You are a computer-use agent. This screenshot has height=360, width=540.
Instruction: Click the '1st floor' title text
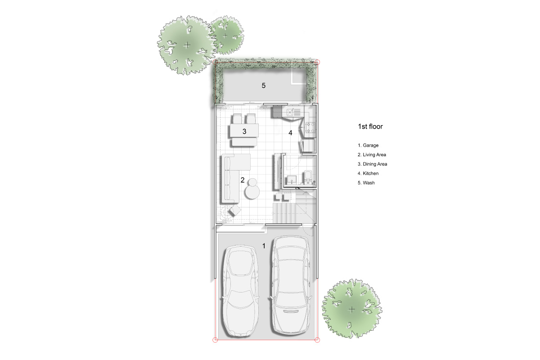pyautogui.click(x=370, y=126)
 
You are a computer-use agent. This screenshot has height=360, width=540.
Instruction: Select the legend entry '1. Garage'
pyautogui.click(x=368, y=145)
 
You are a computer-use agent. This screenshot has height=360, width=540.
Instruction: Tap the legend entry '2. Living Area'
pyautogui.click(x=372, y=155)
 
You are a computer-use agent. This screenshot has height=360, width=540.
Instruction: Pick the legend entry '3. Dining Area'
pyautogui.click(x=373, y=164)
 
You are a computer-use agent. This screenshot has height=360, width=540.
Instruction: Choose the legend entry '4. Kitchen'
pyautogui.click(x=368, y=174)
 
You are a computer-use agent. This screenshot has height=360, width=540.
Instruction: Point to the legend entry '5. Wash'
pyautogui.click(x=366, y=183)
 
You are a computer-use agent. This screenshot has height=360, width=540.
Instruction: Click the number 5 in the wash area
pyautogui.click(x=264, y=85)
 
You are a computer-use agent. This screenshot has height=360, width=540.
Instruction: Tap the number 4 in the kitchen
pyautogui.click(x=290, y=133)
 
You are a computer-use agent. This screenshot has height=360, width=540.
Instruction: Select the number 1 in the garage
pyautogui.click(x=264, y=246)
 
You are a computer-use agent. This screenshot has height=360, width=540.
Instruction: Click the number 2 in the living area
pyautogui.click(x=243, y=180)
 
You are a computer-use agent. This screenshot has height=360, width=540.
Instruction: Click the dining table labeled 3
pyautogui.click(x=244, y=130)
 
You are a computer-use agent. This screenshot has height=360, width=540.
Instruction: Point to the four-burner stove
pyautogui.click(x=310, y=128)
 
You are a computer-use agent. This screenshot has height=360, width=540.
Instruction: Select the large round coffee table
pyautogui.click(x=252, y=192)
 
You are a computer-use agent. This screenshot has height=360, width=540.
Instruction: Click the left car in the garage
pyautogui.click(x=240, y=291)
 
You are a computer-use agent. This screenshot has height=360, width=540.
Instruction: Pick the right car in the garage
pyautogui.click(x=291, y=285)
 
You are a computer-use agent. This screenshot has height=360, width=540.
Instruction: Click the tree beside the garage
pyautogui.click(x=352, y=309)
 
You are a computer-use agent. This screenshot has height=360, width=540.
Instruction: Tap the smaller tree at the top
pyautogui.click(x=225, y=36)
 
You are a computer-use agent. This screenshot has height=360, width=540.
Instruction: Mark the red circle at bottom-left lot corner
pyautogui.click(x=215, y=340)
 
